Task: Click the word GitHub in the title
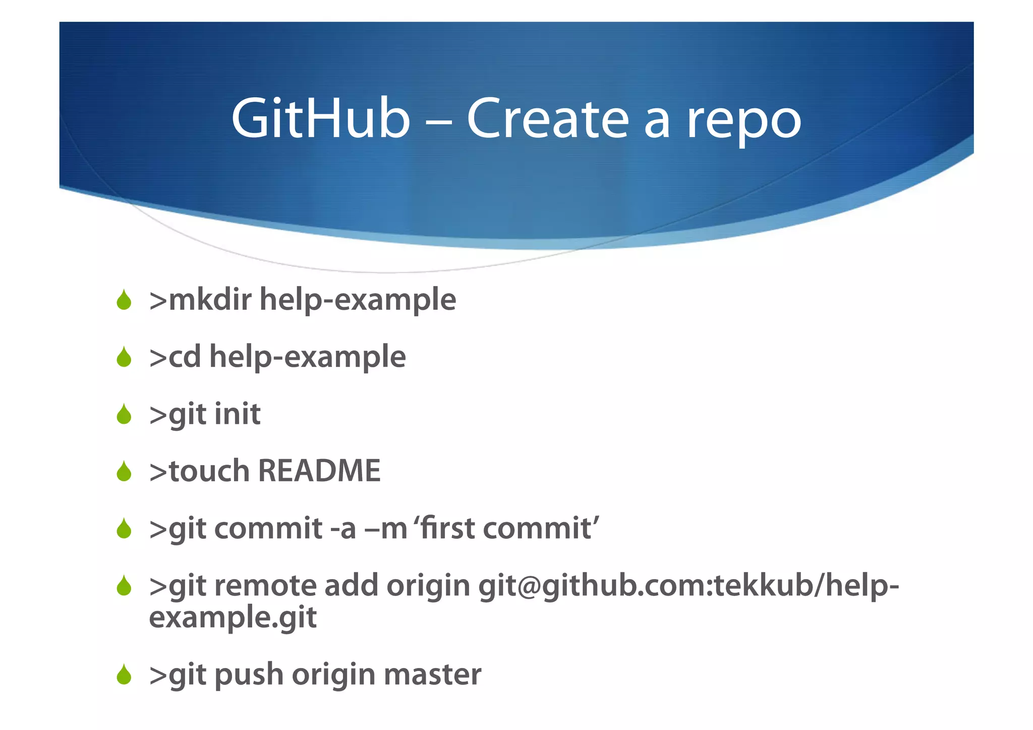tap(321, 119)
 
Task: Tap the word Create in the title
tap(548, 119)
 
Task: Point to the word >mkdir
tap(200, 300)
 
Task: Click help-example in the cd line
tap(307, 357)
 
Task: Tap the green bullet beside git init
tap(124, 414)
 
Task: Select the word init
tap(238, 414)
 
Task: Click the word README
tap(319, 471)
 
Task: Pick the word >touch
tap(199, 471)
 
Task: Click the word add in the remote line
tap(351, 586)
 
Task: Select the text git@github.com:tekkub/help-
tap(688, 586)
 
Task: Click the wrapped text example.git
tap(233, 617)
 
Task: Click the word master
tap(432, 675)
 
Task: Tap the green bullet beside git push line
tap(124, 675)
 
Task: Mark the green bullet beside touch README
tap(124, 472)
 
